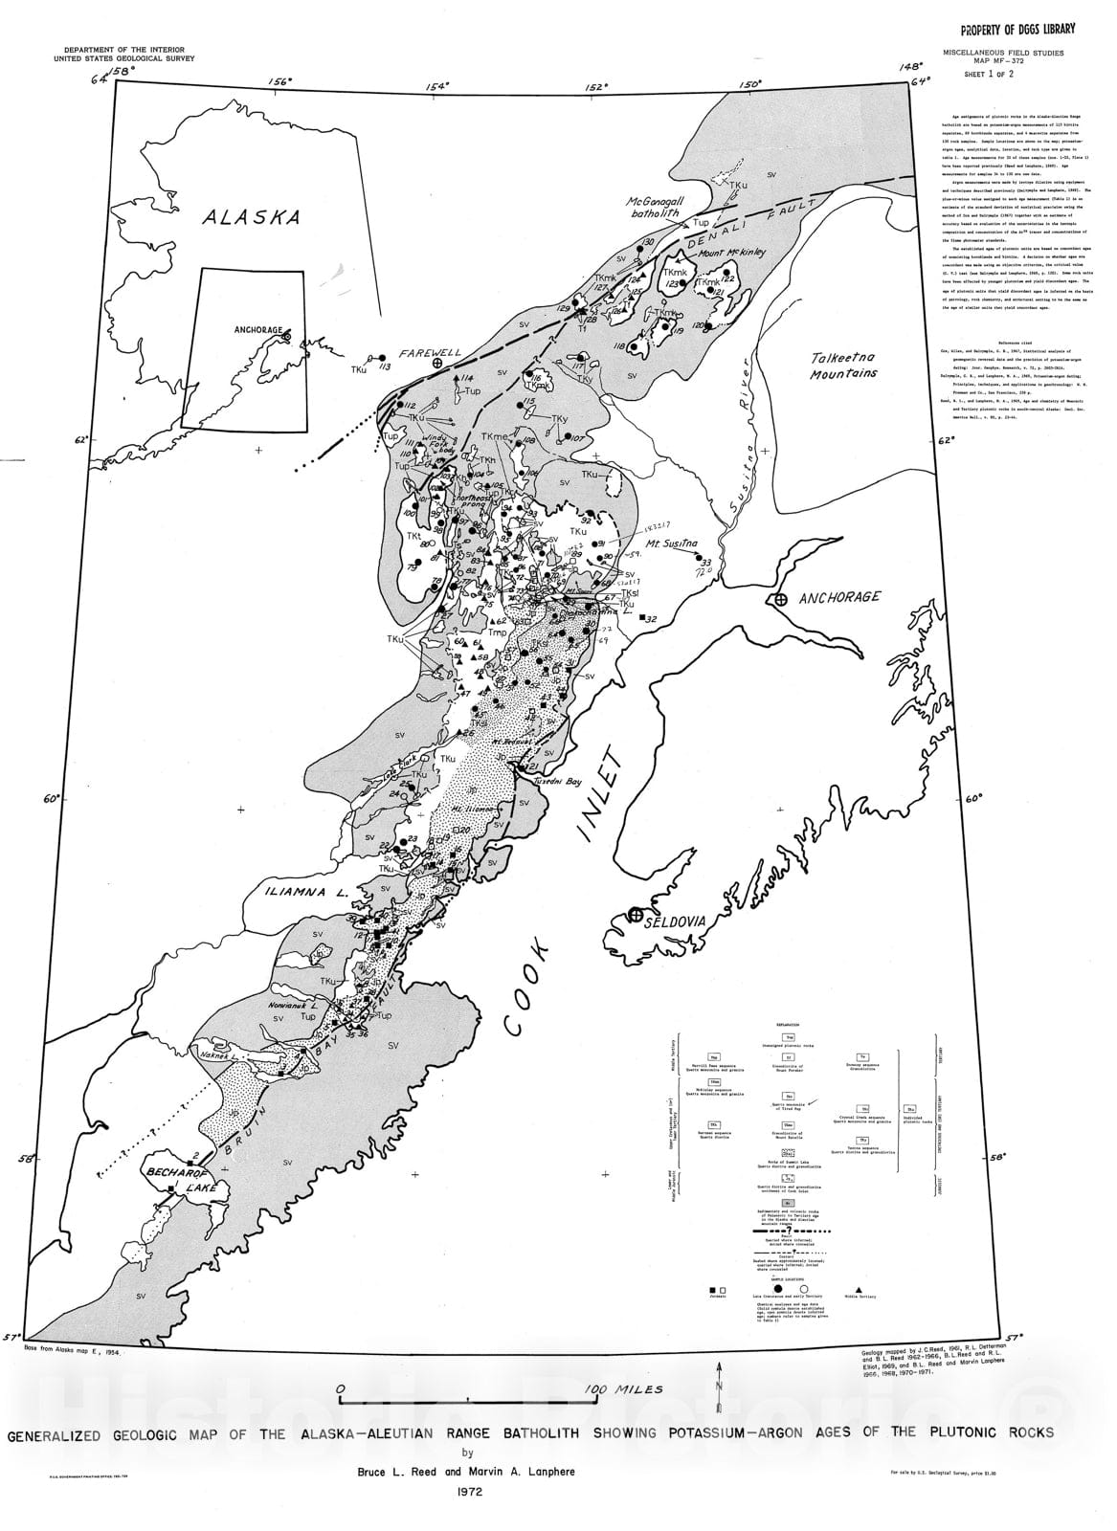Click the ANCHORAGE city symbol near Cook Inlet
[780, 599]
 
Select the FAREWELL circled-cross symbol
[438, 364]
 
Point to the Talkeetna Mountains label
[840, 364]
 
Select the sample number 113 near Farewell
[386, 366]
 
